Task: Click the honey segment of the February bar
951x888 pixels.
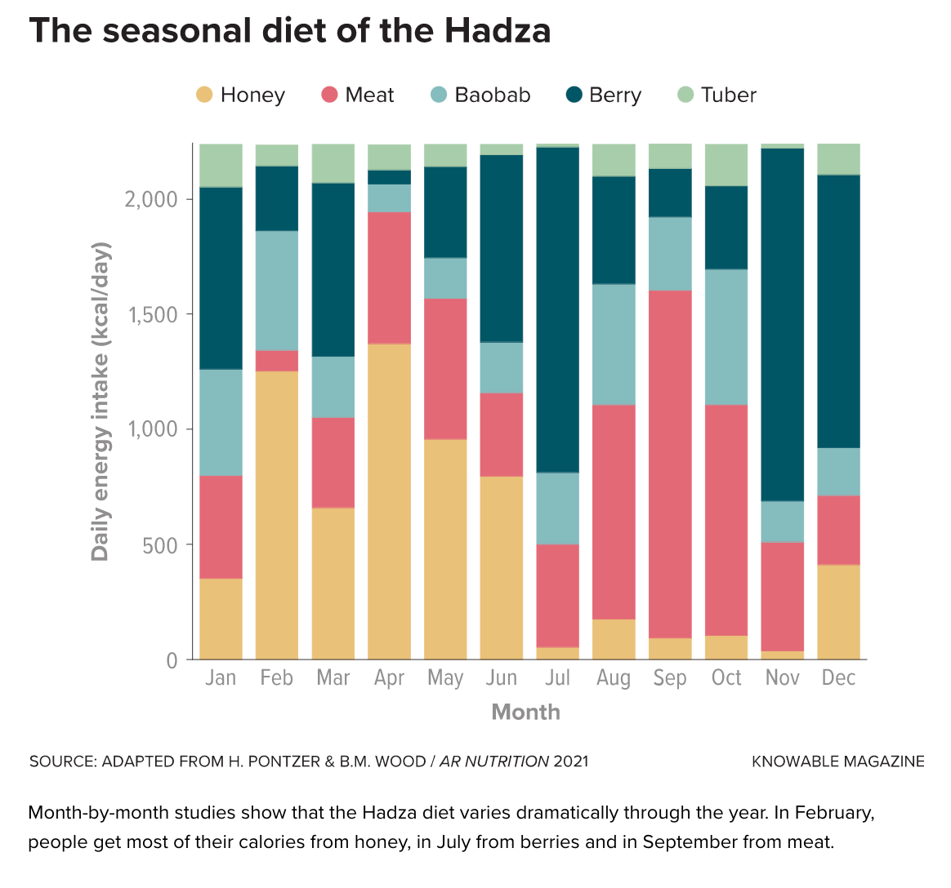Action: coord(277,514)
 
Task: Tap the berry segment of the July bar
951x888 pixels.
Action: coord(558,310)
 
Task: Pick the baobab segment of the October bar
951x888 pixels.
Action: coord(726,336)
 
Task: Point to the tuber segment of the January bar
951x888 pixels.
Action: coord(221,166)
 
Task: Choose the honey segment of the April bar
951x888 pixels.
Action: coord(390,501)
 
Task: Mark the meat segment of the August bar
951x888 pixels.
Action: coord(614,512)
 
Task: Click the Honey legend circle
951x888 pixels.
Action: coord(204,95)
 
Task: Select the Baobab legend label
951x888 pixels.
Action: coord(493,95)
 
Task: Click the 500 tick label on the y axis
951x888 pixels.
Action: coord(160,545)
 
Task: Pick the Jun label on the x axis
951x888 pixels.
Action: coord(502,678)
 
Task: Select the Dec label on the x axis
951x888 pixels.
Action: coord(838,678)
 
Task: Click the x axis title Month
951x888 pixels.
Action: coord(526,713)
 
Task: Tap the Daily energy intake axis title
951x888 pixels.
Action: coord(100,402)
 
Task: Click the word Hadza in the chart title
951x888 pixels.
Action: coord(498,31)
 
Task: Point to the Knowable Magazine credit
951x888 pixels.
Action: coord(838,761)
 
